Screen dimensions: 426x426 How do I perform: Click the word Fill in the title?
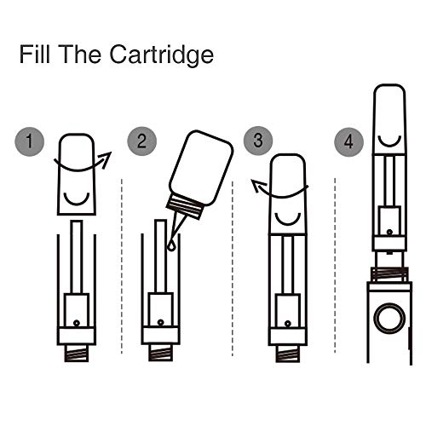[x=35, y=54]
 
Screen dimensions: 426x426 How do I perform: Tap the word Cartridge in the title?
[x=162, y=56]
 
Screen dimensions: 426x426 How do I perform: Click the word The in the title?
[x=81, y=54]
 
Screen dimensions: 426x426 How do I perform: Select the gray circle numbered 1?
[x=30, y=141]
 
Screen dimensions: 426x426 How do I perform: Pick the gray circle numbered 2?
[x=141, y=141]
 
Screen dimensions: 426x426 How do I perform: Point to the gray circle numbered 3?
[x=258, y=141]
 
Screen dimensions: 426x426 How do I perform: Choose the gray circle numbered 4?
[x=349, y=141]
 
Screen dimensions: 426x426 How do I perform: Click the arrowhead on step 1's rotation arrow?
[x=106, y=158]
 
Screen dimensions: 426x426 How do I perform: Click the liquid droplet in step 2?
[x=171, y=246]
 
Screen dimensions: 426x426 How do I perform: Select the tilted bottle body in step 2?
[x=201, y=167]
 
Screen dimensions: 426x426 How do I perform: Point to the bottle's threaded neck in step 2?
[x=185, y=206]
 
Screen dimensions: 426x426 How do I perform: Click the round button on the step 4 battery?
[x=389, y=318]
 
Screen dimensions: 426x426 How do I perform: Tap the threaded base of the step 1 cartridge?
[x=77, y=353]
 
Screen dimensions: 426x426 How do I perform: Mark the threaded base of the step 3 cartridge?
[x=287, y=354]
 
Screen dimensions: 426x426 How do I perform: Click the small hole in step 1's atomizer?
[x=76, y=323]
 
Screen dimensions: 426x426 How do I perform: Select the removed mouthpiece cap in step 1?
[x=77, y=174]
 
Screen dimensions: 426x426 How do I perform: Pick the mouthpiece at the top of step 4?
[x=389, y=119]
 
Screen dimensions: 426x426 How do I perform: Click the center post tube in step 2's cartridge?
[x=160, y=256]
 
